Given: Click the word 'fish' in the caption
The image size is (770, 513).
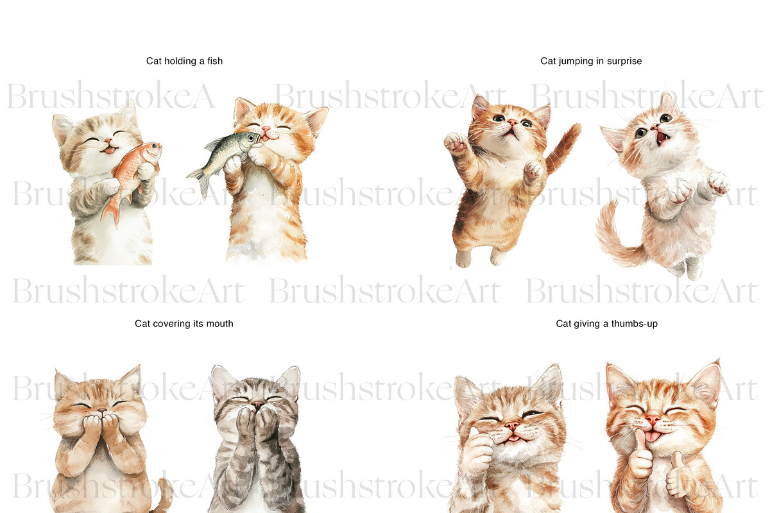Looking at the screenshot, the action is pyautogui.click(x=215, y=61).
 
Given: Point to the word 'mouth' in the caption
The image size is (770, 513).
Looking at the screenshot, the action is pyautogui.click(x=219, y=324).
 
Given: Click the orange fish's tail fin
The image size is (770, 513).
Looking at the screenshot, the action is pyautogui.click(x=110, y=212).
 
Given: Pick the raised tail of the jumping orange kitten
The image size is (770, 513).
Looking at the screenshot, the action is pyautogui.click(x=564, y=147).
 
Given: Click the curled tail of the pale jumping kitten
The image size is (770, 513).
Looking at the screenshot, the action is pyautogui.click(x=615, y=237).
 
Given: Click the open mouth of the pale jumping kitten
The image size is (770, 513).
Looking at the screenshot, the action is pyautogui.click(x=661, y=138).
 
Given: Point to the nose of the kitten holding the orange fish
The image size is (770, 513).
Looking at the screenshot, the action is pyautogui.click(x=108, y=140).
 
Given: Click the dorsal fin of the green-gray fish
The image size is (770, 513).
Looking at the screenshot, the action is pyautogui.click(x=215, y=143).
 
